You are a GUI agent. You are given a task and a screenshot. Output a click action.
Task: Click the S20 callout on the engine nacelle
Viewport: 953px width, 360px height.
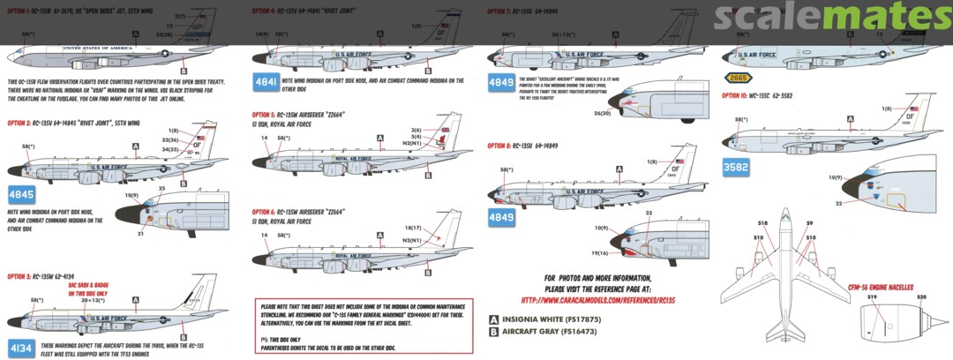921,297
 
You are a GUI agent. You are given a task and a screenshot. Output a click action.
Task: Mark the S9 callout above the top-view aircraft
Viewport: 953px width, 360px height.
808,225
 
